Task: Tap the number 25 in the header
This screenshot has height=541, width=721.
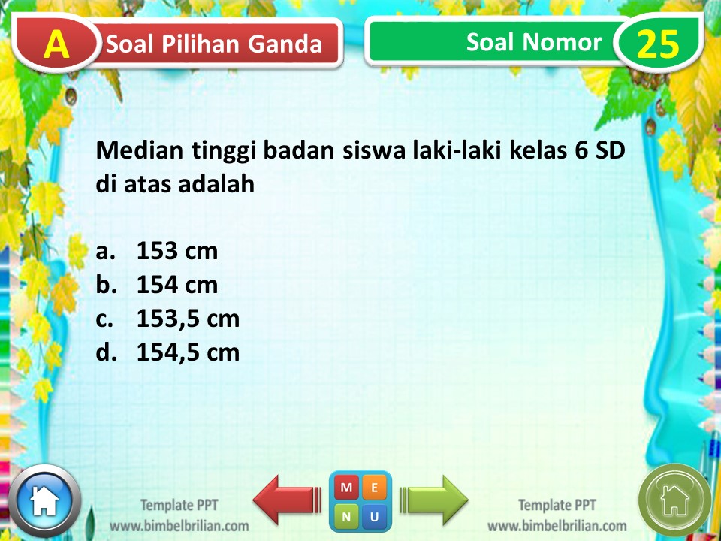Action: click(x=657, y=44)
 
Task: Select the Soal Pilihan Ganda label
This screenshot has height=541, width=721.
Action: click(x=214, y=44)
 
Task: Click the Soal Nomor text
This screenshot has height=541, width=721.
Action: click(x=533, y=42)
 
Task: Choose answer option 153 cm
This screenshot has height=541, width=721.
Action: click(x=177, y=251)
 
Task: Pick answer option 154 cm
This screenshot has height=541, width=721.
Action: click(x=177, y=285)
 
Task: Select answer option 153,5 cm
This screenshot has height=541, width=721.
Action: click(x=188, y=319)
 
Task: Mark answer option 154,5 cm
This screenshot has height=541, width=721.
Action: click(x=188, y=352)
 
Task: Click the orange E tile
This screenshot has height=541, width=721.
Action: click(x=375, y=488)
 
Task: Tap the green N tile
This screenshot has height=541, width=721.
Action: click(x=347, y=516)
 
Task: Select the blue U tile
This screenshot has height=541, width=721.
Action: click(x=375, y=516)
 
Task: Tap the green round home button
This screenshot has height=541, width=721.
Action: click(x=674, y=500)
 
